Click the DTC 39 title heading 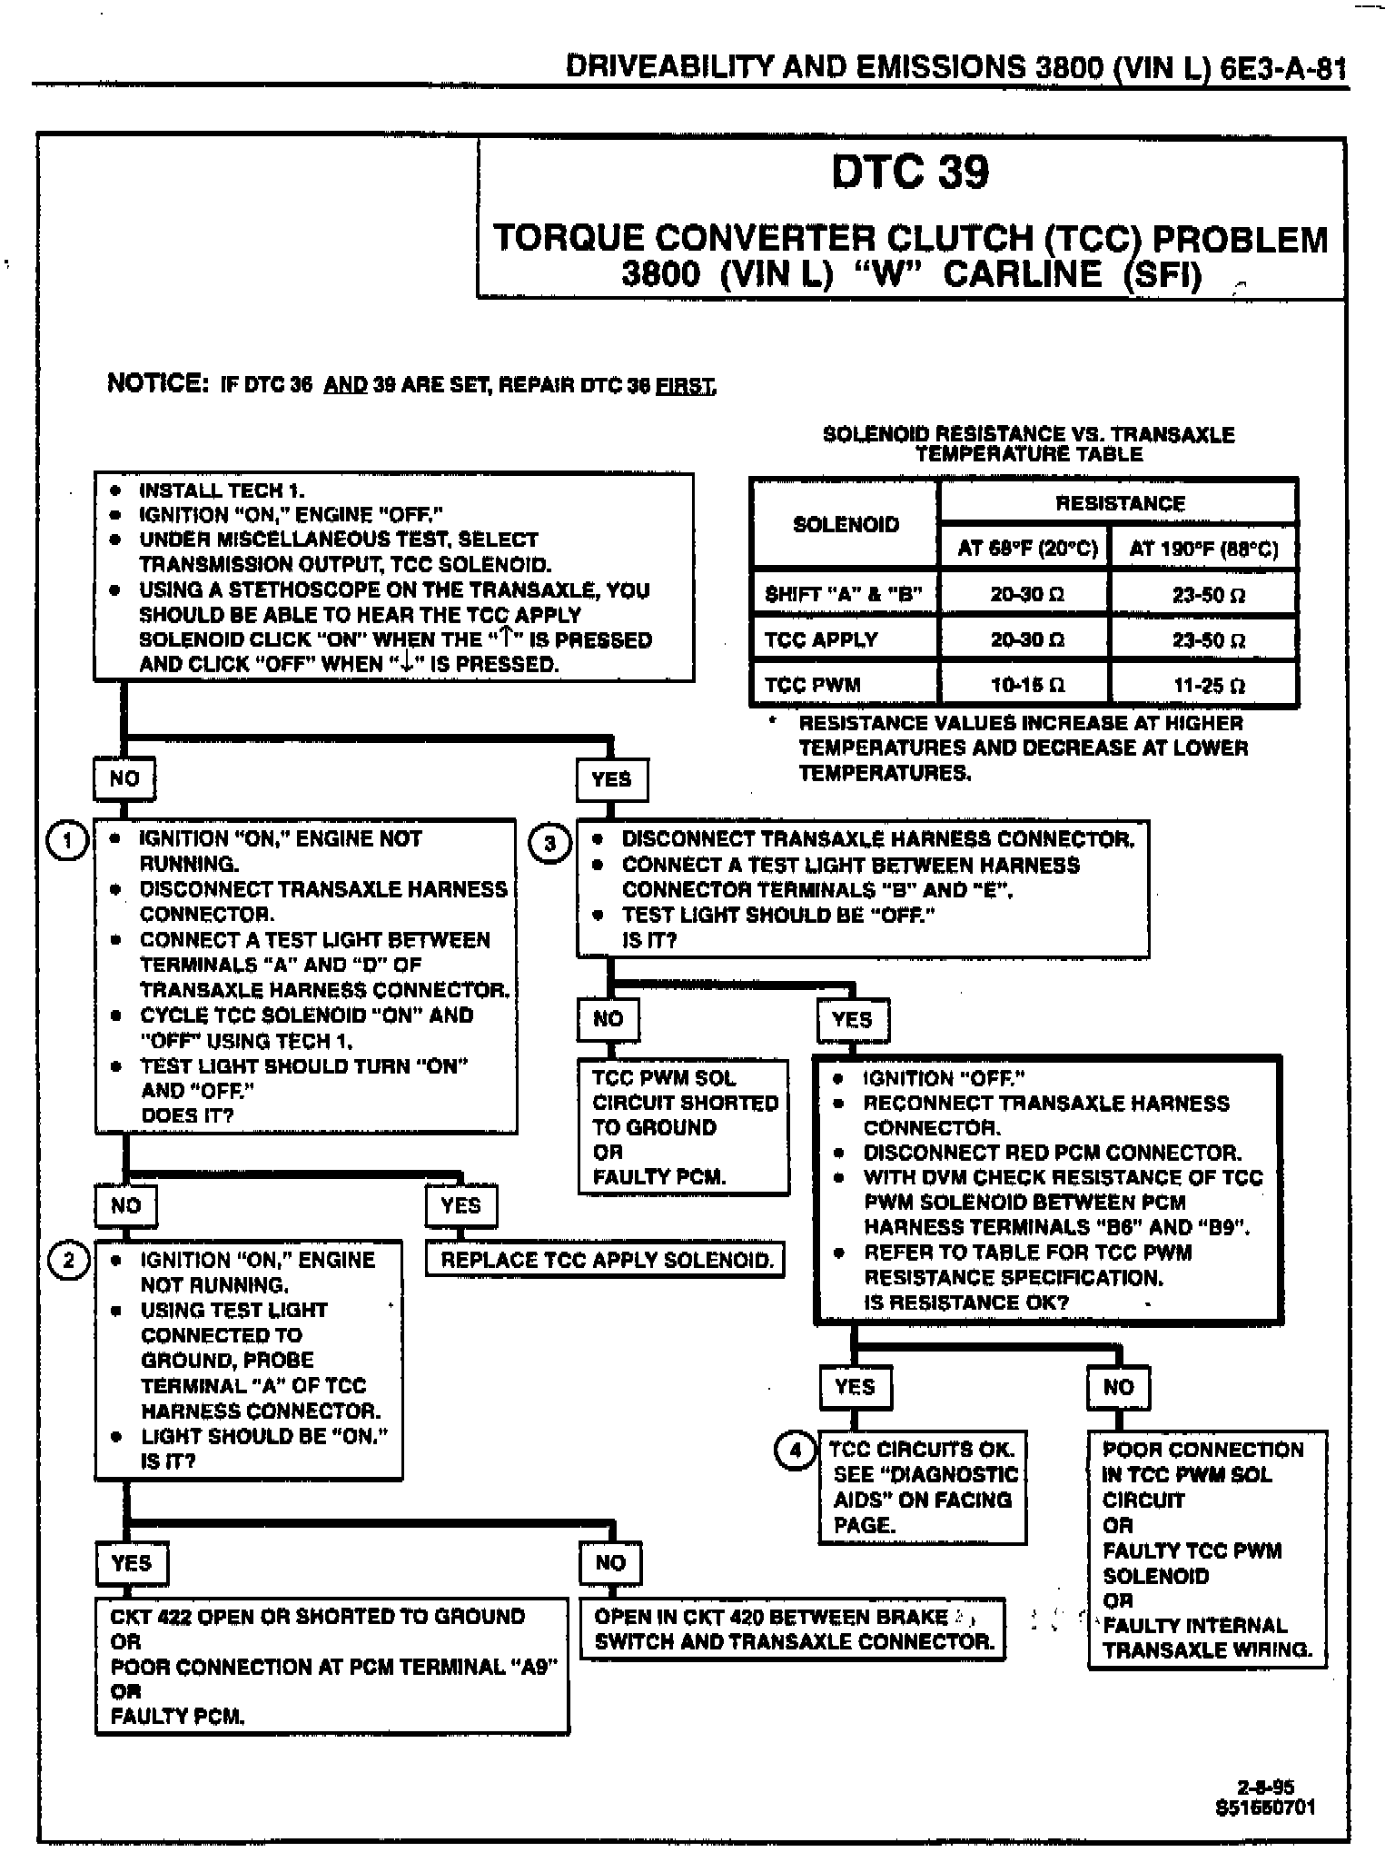pos(910,173)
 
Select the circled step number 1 pos(66,840)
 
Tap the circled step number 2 pos(69,1261)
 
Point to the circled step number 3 pos(549,844)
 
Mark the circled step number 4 pos(796,1450)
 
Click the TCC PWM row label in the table pos(813,685)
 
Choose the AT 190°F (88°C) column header pos(1203,549)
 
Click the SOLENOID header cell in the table pos(846,524)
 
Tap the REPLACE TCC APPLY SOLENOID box pos(606,1260)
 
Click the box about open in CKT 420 pos(793,1629)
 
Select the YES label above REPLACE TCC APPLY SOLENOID pos(460,1205)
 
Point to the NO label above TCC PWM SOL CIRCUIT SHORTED pos(608,1019)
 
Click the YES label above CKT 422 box pos(132,1563)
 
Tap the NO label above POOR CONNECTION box pos(1118,1387)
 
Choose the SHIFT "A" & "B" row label pos(844,595)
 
